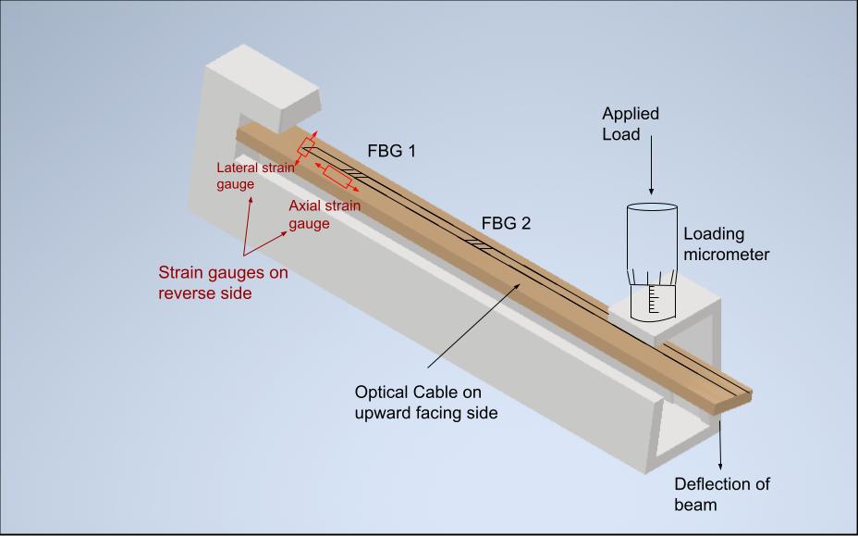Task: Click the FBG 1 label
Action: pos(392,151)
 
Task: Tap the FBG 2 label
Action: pos(506,224)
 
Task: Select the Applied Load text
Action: pos(631,123)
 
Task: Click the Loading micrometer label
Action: pos(726,244)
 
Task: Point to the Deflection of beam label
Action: pos(722,494)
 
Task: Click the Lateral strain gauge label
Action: pos(254,176)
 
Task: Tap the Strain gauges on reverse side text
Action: pos(223,282)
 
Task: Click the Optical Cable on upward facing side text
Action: pos(426,403)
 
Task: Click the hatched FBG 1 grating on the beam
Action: pos(357,173)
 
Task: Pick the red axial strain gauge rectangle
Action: pos(337,177)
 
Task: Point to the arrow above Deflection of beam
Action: pos(721,443)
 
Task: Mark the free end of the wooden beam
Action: pos(735,396)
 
